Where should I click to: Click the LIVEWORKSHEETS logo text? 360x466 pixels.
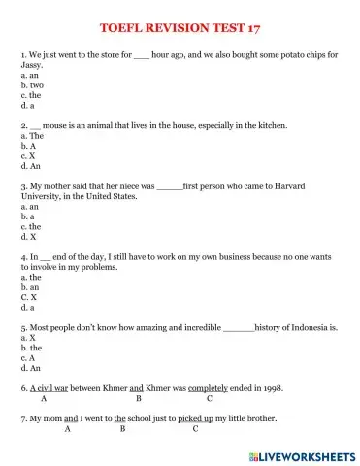coord(307,455)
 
